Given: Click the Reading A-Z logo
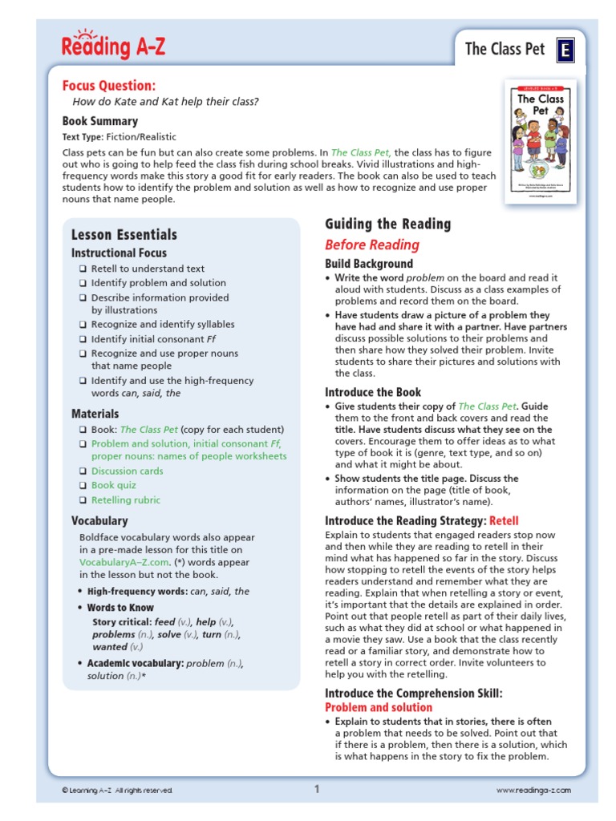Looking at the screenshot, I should pos(113,46).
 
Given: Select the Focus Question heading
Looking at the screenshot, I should pos(109,86).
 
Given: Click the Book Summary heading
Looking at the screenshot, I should pos(100,121).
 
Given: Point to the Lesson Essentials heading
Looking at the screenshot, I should pos(124,234).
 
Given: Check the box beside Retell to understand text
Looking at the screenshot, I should pos(83,269).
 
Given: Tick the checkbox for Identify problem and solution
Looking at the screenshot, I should pos(83,283).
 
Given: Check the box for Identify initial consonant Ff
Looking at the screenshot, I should pos(83,339).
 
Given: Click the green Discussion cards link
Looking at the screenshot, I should pos(127,471).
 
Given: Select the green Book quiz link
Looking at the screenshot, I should pos(114,485).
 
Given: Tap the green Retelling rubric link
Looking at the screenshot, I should pos(126,499).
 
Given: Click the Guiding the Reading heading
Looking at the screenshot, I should pos(387,224).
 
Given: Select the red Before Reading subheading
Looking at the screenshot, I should pos(372,245).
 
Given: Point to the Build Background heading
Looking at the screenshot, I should pos(369,264).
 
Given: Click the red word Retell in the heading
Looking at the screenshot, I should pos(505,520).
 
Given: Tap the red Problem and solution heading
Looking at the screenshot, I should pos(379,707).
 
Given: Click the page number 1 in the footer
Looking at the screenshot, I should pos(317,789).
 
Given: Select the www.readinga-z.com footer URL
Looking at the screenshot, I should pos(533,791).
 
